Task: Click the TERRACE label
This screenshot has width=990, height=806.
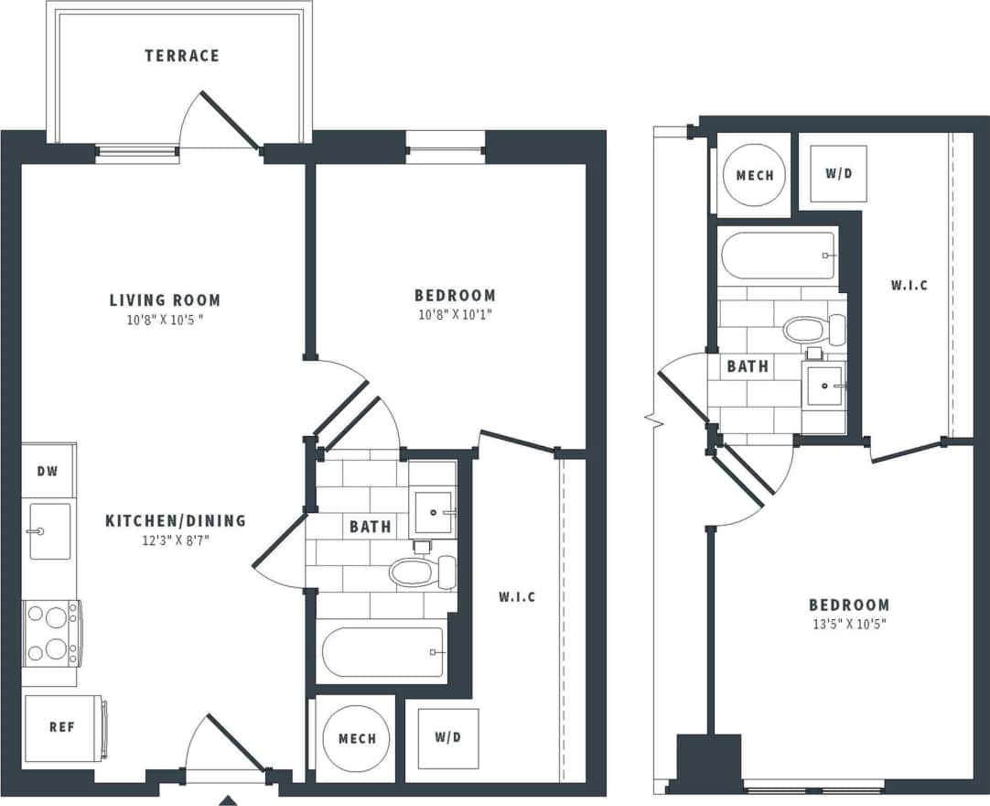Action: pyautogui.click(x=182, y=56)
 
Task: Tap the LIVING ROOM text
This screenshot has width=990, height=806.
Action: pyautogui.click(x=165, y=300)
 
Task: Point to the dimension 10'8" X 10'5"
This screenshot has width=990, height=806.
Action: pyautogui.click(x=165, y=321)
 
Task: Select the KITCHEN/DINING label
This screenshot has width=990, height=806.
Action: pyautogui.click(x=176, y=520)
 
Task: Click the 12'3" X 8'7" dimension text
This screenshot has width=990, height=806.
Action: pyautogui.click(x=176, y=540)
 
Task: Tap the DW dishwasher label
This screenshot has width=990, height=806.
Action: pyautogui.click(x=48, y=471)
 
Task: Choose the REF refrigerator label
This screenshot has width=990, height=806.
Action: pyautogui.click(x=61, y=728)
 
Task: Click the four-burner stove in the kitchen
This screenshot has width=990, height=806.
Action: pyautogui.click(x=51, y=632)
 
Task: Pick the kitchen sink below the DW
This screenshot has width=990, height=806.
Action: pyautogui.click(x=49, y=531)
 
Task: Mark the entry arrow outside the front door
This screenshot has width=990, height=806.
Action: pyautogui.click(x=228, y=801)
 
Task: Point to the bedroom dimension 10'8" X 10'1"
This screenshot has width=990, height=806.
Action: pyautogui.click(x=455, y=315)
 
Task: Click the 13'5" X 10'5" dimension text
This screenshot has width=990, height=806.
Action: pyautogui.click(x=848, y=625)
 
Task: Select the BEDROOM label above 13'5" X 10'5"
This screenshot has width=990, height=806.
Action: pyautogui.click(x=848, y=604)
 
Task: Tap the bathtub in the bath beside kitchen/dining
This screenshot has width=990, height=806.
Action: pyautogui.click(x=382, y=651)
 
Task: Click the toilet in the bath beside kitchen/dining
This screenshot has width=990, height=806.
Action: pyautogui.click(x=422, y=572)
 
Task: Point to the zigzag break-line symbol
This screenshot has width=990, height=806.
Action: pyautogui.click(x=652, y=421)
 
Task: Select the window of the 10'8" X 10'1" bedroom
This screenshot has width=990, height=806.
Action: pyautogui.click(x=445, y=147)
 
